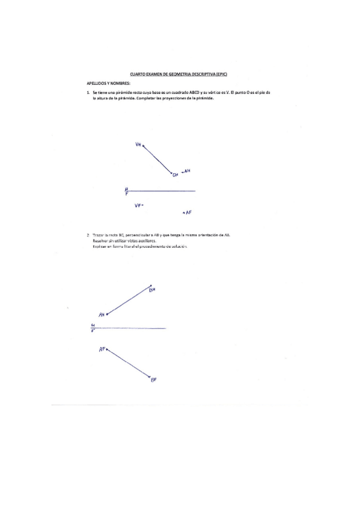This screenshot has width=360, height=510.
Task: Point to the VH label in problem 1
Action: pyautogui.click(x=138, y=144)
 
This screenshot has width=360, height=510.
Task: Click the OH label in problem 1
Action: pyautogui.click(x=175, y=175)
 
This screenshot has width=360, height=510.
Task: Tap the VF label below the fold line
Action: pyautogui.click(x=138, y=205)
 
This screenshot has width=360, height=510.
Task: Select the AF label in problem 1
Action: pyautogui.click(x=188, y=212)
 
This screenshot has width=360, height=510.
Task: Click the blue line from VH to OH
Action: pyautogui.click(x=156, y=159)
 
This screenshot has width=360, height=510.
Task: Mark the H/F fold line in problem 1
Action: pyautogui.click(x=162, y=191)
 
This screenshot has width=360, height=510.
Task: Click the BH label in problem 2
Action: pyautogui.click(x=152, y=290)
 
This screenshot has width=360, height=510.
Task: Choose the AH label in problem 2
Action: pyautogui.click(x=102, y=315)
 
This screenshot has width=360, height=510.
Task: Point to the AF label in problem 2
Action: pyautogui.click(x=102, y=349)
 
